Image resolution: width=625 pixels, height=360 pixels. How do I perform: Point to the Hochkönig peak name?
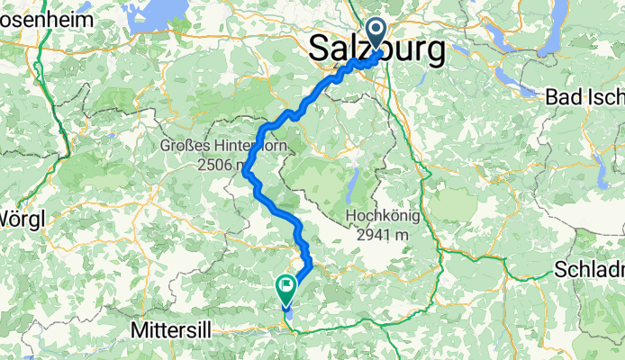[379, 217]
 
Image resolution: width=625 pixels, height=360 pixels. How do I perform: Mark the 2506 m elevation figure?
[218, 165]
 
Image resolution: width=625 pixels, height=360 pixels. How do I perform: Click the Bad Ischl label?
[584, 99]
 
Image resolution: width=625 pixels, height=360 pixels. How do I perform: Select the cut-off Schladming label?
[590, 269]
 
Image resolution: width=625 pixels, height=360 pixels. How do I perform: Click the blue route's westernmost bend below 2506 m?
[246, 174]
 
